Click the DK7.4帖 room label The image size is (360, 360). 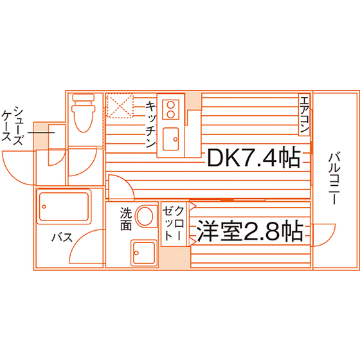(254, 157)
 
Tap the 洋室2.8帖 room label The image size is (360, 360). (250, 231)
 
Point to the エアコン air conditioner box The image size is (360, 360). (305, 114)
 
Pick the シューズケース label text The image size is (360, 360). (12, 125)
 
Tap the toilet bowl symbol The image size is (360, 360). (84, 113)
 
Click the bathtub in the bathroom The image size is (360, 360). (64, 206)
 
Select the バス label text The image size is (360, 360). (62, 237)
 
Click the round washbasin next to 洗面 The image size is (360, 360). (145, 216)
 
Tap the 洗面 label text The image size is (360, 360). (126, 219)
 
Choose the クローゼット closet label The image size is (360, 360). (174, 224)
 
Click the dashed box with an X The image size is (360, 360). (120, 105)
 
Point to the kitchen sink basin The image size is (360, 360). (170, 139)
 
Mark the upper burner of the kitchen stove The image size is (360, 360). (170, 105)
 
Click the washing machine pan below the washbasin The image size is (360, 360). (144, 253)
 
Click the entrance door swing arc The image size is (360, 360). (13, 174)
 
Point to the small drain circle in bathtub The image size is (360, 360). (44, 206)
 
